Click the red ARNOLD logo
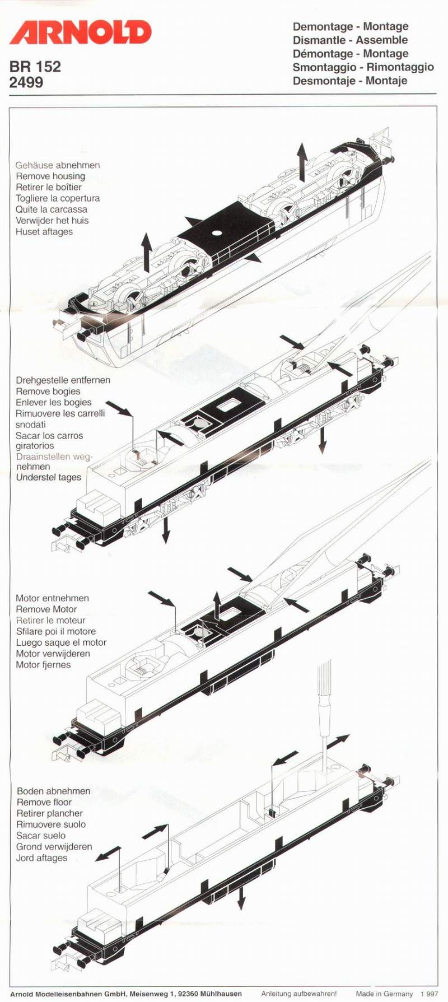click(80, 32)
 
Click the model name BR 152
click(35, 67)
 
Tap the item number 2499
click(26, 82)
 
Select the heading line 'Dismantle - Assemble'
click(350, 40)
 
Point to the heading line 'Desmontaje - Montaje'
click(349, 81)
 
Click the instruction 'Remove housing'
click(50, 176)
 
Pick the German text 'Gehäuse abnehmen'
click(58, 165)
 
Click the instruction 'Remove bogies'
click(48, 392)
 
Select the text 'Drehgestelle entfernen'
click(63, 380)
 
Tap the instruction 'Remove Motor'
click(46, 609)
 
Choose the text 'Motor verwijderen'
click(53, 654)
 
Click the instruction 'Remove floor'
click(44, 802)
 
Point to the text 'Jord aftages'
click(41, 858)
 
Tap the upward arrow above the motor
click(217, 605)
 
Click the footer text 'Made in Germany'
click(384, 994)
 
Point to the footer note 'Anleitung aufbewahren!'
click(298, 994)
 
